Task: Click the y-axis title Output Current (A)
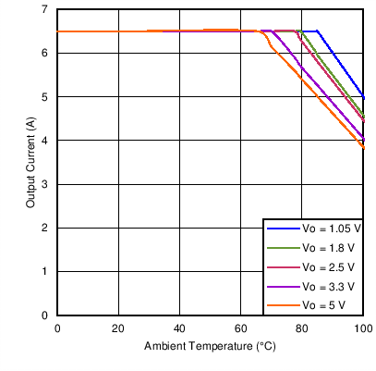[x=30, y=163]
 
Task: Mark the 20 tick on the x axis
[x=118, y=328]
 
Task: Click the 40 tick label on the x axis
[x=179, y=328]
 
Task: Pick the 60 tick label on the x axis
[x=240, y=328]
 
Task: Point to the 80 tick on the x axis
[x=302, y=328]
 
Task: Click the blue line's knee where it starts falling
[x=317, y=31]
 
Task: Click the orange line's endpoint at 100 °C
[x=363, y=148]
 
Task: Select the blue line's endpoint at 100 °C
[x=363, y=96]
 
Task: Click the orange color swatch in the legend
[x=282, y=305]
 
